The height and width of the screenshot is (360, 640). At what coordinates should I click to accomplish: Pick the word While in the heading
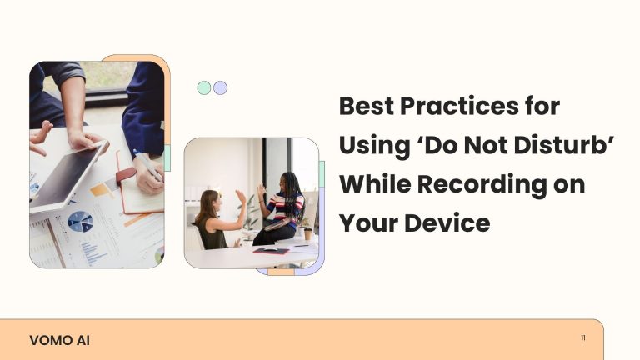coord(375,184)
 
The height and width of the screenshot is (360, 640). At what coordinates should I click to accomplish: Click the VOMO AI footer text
coord(60,340)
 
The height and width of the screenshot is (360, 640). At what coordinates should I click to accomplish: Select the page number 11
coord(583,338)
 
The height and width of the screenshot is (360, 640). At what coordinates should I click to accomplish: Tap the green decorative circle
coord(204,87)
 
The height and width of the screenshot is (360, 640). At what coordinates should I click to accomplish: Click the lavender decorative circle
coord(220,87)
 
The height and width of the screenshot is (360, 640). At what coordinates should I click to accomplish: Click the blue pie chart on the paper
coord(80,222)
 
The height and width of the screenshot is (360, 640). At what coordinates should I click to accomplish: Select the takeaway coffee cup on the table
coord(307,234)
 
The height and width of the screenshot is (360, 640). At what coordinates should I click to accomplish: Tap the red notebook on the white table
coord(271,251)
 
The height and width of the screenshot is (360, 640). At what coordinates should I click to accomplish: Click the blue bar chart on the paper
coord(92,252)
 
